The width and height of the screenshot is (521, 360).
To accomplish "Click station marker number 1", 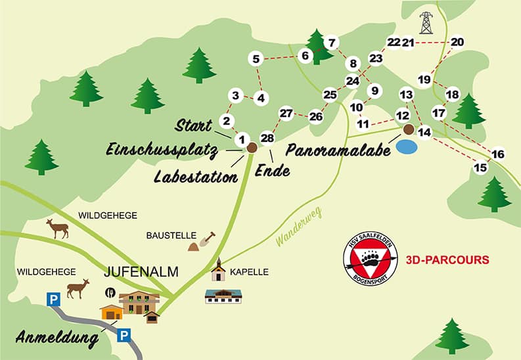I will pos(241,139).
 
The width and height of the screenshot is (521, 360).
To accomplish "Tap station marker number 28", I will pos(267,138).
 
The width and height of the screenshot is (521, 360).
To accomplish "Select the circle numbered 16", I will pos(498,154).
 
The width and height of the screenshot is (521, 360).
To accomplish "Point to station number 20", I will pos(458,42).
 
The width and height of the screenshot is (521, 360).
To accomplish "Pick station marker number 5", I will pos(256,59).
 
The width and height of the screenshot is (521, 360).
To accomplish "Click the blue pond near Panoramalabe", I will pos(406,146).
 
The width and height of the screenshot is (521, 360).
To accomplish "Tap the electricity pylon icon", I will pos(426,23).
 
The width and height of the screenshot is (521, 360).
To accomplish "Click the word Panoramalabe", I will pos(338,150).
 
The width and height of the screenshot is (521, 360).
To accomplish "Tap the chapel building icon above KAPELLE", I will pos(218,269).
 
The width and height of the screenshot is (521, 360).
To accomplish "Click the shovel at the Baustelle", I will pos(209,237).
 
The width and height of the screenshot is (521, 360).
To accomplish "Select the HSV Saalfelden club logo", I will pos(370,259).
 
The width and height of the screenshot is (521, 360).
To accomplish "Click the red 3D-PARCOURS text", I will pos(447,259).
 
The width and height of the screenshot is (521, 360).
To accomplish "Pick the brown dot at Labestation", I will pos(251,148).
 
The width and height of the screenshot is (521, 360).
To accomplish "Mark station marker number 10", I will pos(356,107).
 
